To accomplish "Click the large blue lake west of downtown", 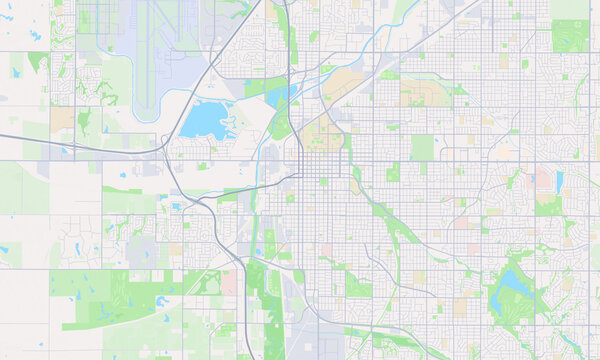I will (207, 121).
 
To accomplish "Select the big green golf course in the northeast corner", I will (570, 34).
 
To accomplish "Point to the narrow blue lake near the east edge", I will (559, 181).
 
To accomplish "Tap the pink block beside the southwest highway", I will (230, 284).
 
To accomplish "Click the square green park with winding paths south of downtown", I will (358, 284).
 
